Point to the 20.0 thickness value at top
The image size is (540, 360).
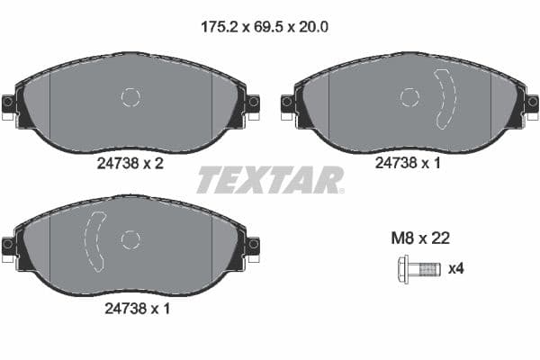tap(311, 27)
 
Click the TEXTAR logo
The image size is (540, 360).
tap(270, 180)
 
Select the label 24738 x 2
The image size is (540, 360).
tap(130, 165)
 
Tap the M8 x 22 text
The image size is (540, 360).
tap(418, 238)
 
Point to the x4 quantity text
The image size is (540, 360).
tap(456, 267)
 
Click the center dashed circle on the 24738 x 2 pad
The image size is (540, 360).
tap(130, 97)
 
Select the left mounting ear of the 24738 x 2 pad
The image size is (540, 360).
tap(10, 103)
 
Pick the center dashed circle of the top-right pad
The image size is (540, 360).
tap(409, 97)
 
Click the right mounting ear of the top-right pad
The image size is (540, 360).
tap(531, 103)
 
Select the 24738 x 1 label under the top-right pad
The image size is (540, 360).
tap(409, 165)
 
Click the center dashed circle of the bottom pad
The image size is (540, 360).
tap(130, 238)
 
